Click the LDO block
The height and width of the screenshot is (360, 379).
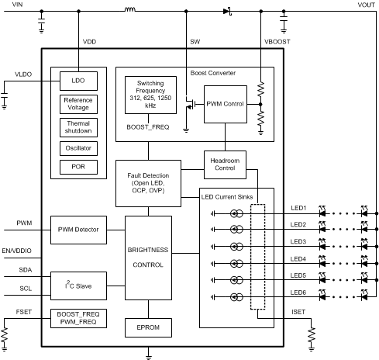point(78,81)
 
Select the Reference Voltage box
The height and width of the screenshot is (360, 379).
point(78,103)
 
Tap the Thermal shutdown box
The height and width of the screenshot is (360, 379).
point(78,126)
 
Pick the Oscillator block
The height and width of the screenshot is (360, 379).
point(78,147)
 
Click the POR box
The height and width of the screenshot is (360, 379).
point(78,166)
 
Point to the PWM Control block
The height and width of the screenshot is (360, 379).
point(225,104)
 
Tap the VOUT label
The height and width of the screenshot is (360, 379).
point(366,5)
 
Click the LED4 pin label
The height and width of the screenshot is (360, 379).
point(299,258)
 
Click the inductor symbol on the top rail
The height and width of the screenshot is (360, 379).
point(129,11)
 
